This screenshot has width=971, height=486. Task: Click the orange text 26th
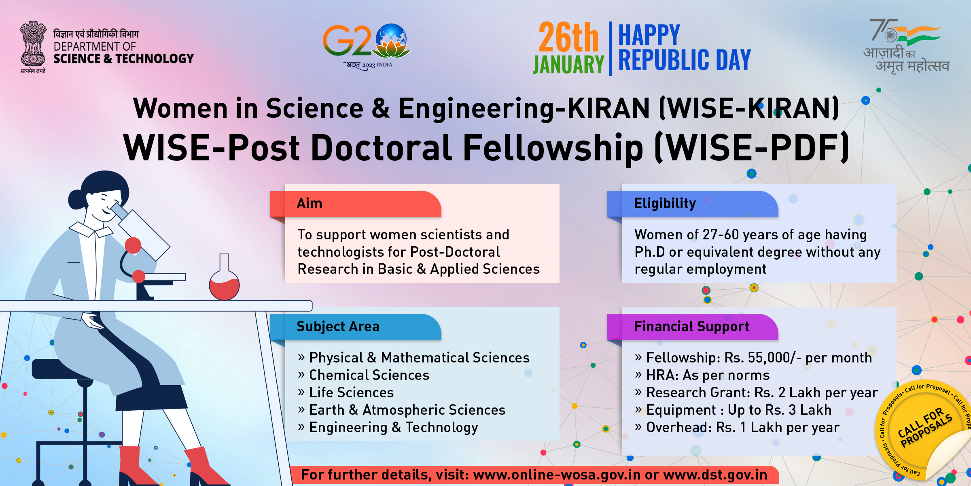pos(568,37)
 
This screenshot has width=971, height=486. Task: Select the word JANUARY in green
pos(568,65)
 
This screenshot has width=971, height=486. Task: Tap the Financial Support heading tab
pos(692,327)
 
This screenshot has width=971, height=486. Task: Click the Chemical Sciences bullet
pos(363,375)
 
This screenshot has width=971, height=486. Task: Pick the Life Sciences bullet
pos(346,392)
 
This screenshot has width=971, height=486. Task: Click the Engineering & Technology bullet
pos(388,427)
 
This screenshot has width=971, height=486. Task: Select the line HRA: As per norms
pos(702,375)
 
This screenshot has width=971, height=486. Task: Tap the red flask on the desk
pos(224,279)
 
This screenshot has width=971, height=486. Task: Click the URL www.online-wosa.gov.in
pos(557,475)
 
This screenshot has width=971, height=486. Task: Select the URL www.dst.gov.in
pos(715,475)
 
